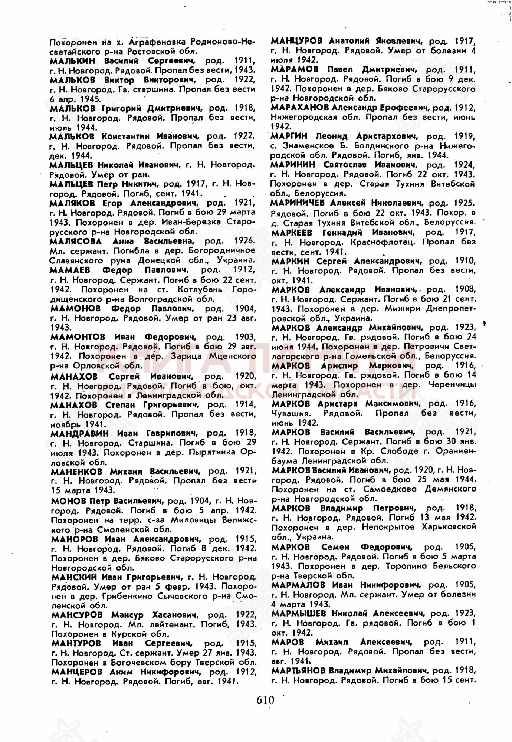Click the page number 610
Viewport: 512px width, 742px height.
click(265, 700)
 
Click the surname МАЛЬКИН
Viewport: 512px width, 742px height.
click(72, 61)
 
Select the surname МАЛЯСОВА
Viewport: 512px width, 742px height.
click(76, 242)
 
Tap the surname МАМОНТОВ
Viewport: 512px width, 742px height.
click(78, 337)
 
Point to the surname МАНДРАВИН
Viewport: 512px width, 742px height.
click(80, 433)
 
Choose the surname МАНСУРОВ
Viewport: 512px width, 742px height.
click(77, 615)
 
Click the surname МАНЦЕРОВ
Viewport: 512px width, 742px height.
click(77, 672)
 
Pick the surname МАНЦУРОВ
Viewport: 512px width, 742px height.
click(296, 41)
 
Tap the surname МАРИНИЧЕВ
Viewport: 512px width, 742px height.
click(298, 203)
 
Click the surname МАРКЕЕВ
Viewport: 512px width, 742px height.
click(292, 233)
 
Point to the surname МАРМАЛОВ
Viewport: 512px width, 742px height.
click(298, 585)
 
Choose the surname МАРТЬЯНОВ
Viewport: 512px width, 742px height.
click(298, 670)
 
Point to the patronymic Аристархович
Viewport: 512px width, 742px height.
click(387, 137)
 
